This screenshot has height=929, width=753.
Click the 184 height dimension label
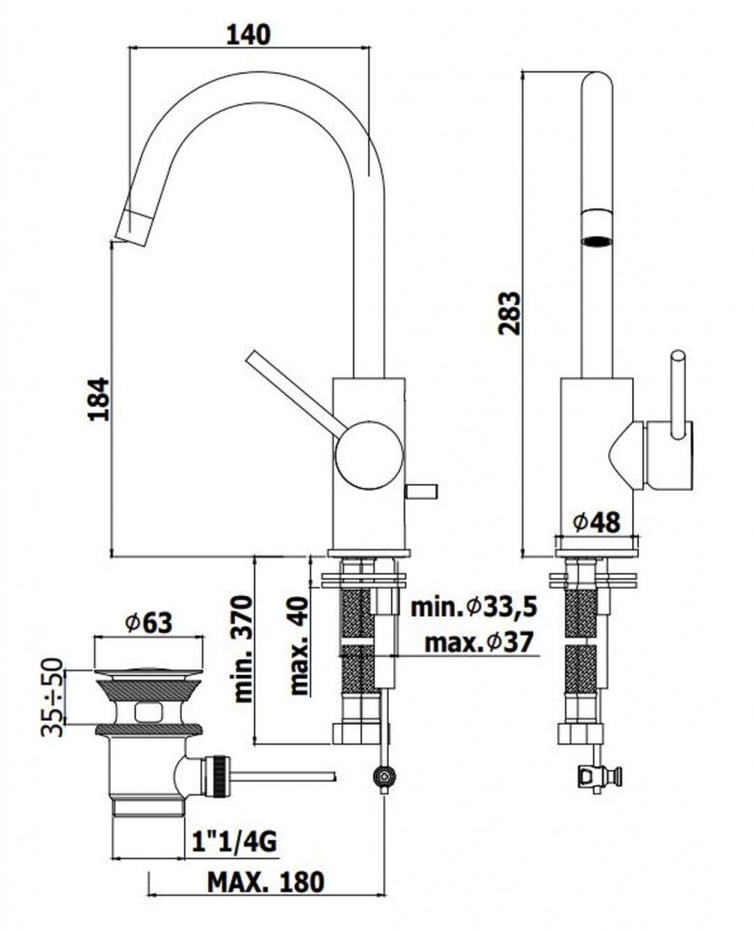(99, 398)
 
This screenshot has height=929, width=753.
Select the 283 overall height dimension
(512, 313)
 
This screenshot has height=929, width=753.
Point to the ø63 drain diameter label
(149, 622)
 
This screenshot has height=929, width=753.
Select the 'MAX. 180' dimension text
(266, 881)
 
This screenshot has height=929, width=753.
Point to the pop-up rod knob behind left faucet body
(421, 492)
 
